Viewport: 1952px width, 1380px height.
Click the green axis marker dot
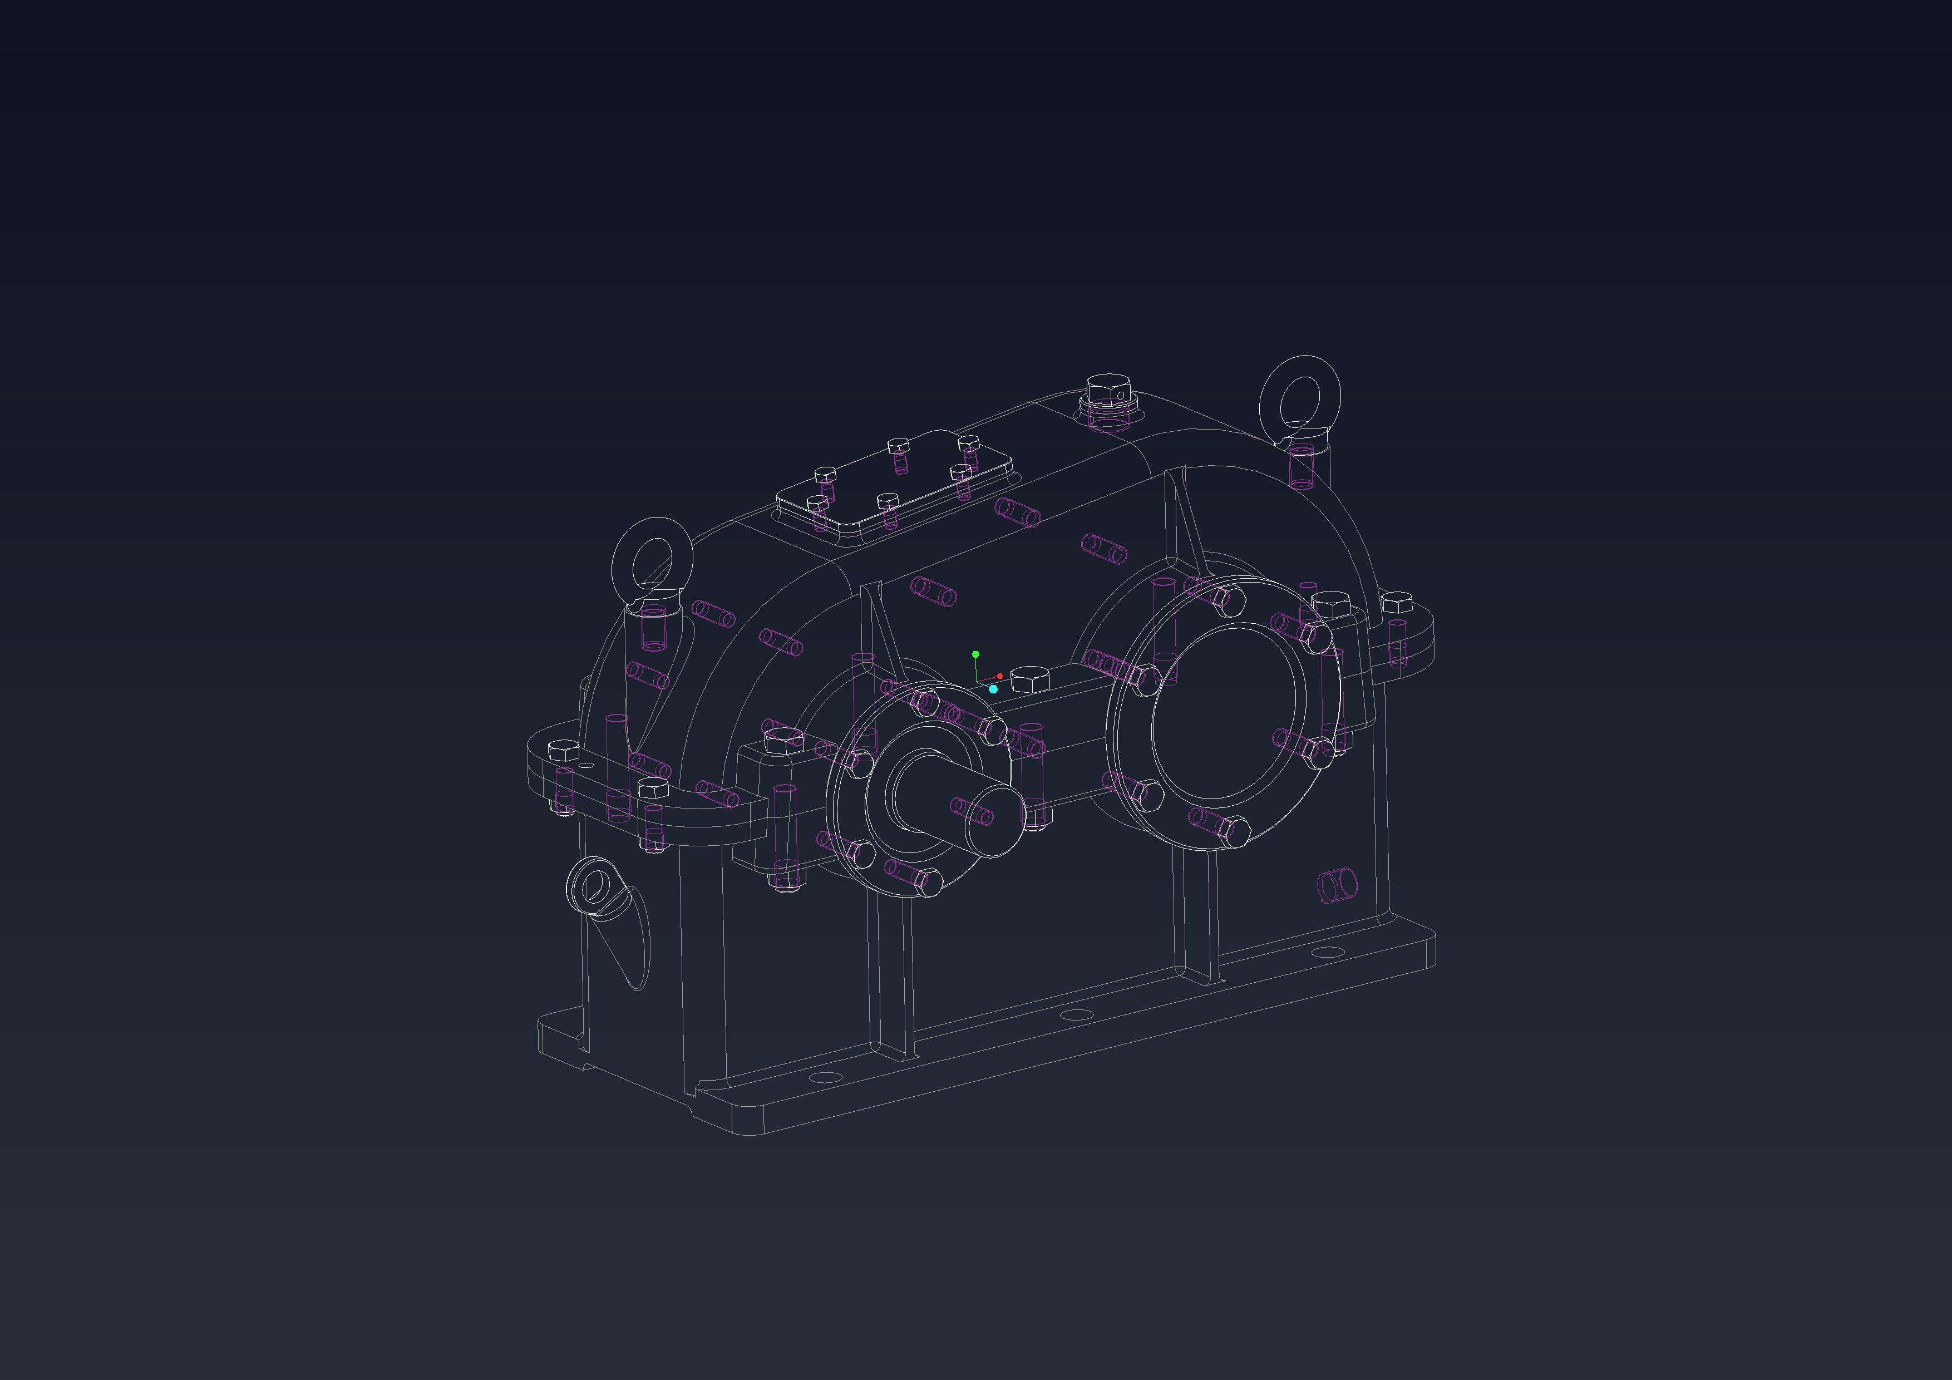click(975, 654)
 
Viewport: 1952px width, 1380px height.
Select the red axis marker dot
click(1000, 676)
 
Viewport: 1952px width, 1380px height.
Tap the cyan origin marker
click(993, 689)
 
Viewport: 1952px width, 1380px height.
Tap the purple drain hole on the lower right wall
click(1337, 885)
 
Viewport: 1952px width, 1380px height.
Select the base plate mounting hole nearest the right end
click(1327, 952)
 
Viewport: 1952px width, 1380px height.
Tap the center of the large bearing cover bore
click(1224, 712)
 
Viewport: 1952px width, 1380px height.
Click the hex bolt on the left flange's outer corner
click(564, 751)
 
